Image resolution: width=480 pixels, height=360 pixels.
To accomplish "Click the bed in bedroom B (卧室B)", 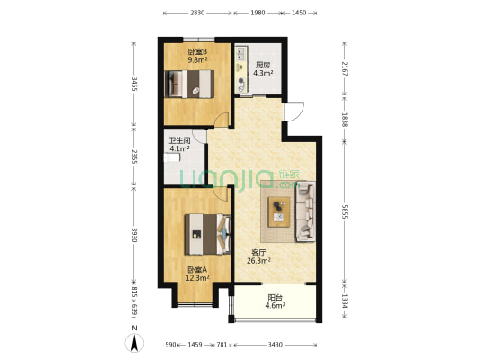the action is (189, 84).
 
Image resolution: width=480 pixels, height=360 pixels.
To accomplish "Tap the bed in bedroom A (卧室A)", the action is (207, 234).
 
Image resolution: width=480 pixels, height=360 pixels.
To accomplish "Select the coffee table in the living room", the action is (278, 211).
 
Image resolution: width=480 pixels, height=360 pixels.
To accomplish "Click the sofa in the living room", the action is (305, 211).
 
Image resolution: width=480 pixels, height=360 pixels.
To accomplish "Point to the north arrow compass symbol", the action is (134, 342).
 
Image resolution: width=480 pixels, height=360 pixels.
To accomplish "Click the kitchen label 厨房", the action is (263, 65).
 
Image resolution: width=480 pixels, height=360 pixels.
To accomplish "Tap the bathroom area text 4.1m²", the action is (179, 149).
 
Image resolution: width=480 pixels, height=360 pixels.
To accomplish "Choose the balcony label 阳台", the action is (275, 297).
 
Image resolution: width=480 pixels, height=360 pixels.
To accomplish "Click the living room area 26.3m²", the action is (258, 261).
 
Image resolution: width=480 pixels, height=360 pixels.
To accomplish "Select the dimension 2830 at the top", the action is (197, 13).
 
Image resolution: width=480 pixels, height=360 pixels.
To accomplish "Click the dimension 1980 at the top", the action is (258, 13).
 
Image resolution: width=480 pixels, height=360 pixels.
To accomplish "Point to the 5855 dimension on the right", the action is (345, 211).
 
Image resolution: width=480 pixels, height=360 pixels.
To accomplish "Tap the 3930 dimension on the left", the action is (134, 235).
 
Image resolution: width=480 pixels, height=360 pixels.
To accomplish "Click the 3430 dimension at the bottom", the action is (276, 345).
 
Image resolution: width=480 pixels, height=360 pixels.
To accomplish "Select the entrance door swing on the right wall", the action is (294, 112).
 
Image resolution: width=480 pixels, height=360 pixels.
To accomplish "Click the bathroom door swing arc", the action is (200, 136).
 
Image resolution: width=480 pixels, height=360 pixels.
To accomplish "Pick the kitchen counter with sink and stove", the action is (241, 69).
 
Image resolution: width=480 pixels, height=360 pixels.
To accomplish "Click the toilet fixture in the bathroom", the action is (171, 157).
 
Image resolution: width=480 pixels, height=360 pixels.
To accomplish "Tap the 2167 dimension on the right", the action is (345, 68).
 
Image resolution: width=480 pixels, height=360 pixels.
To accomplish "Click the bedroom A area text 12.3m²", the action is (197, 278).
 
